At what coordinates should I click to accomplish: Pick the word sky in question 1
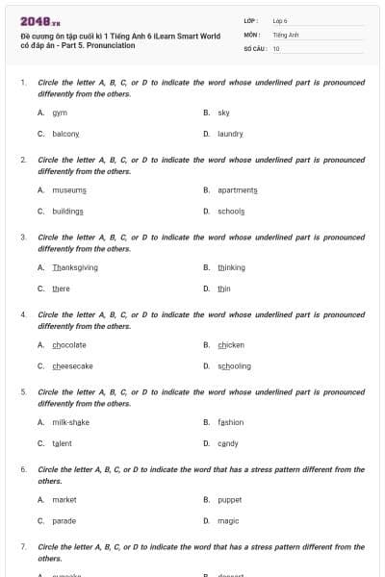(223, 113)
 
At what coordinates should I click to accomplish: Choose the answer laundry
(230, 134)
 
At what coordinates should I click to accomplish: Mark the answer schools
(231, 211)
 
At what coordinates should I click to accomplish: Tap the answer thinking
(231, 267)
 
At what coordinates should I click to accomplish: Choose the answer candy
(227, 443)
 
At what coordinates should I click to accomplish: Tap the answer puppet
(229, 499)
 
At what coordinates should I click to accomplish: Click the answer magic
(227, 520)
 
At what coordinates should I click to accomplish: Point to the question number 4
(23, 314)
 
